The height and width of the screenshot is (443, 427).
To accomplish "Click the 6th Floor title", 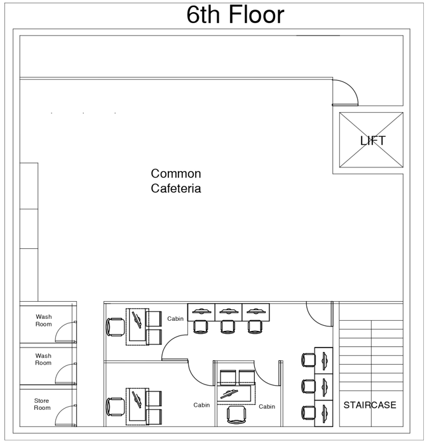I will point(235,15).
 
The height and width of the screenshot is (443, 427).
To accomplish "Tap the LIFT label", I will point(372,141).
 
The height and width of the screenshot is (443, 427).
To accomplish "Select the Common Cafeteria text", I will point(176,181).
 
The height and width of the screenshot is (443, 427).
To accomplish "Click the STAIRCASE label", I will point(370,405).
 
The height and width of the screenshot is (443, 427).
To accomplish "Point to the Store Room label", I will point(42,404).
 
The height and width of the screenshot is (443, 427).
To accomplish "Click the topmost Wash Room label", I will point(43,320).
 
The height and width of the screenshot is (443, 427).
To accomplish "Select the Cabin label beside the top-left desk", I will point(175,318).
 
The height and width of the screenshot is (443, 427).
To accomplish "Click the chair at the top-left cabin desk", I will point(116,327).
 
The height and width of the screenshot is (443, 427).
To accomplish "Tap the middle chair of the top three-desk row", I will point(227,327).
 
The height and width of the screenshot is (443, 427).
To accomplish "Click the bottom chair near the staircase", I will point(308,412).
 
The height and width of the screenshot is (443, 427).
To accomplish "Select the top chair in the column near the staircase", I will point(308,359).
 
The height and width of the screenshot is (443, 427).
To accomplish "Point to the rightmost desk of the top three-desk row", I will point(255,312).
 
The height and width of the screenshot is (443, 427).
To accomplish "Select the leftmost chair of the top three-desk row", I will point(200,327).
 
